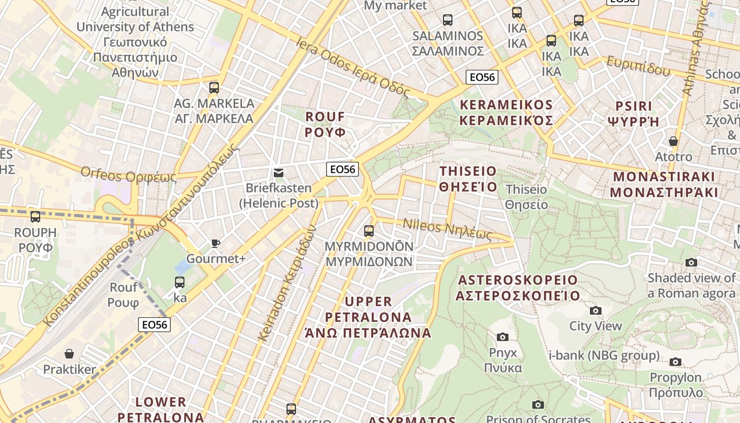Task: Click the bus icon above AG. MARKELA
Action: click(214, 88)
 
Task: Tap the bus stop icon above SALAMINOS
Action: click(448, 20)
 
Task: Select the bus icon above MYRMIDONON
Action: click(369, 231)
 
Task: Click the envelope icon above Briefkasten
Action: click(279, 173)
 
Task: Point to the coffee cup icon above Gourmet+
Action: click(216, 243)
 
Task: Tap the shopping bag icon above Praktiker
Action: click(69, 353)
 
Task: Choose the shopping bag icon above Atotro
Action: click(673, 141)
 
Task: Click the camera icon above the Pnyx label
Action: click(503, 337)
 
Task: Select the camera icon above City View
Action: click(596, 310)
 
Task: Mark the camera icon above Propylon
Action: click(676, 362)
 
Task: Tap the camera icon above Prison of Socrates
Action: click(538, 405)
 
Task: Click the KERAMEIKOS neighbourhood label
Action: click(506, 113)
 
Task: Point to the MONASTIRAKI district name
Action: click(664, 184)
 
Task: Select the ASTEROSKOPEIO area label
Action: click(518, 287)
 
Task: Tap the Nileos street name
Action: click(448, 228)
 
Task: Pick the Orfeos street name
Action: click(128, 174)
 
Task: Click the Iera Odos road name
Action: click(353, 68)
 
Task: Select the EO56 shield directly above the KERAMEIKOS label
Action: click(482, 77)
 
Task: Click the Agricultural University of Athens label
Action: click(135, 42)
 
